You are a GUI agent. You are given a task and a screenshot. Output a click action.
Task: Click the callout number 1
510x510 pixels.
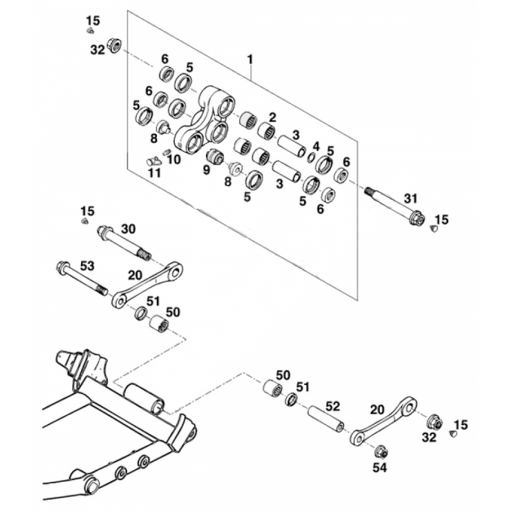(x=250, y=60)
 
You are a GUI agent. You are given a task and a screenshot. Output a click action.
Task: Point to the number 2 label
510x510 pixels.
(x=272, y=117)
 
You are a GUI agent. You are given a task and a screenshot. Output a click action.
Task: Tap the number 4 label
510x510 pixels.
(x=316, y=147)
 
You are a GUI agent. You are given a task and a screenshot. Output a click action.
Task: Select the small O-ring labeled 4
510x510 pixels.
(x=311, y=157)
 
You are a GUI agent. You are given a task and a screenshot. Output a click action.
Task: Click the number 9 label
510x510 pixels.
(x=207, y=170)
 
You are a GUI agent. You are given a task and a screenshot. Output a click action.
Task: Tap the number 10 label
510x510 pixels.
(x=174, y=159)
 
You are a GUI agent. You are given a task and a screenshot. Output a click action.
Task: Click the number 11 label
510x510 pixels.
(x=154, y=173)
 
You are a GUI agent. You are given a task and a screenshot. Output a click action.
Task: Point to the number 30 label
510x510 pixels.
(x=128, y=229)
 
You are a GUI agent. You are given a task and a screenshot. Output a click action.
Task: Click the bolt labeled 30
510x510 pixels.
(x=124, y=243)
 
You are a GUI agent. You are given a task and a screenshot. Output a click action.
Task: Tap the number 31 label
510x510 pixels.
(x=411, y=198)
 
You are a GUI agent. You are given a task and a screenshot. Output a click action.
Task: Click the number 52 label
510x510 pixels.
(x=332, y=406)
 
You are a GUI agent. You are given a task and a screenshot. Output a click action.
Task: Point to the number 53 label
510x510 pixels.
(x=87, y=266)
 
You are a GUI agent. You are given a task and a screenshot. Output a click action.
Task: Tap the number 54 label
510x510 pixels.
(x=379, y=468)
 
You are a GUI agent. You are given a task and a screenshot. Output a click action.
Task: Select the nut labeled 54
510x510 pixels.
(x=381, y=451)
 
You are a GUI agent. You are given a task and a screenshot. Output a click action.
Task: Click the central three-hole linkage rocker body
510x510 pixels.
(x=205, y=123)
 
